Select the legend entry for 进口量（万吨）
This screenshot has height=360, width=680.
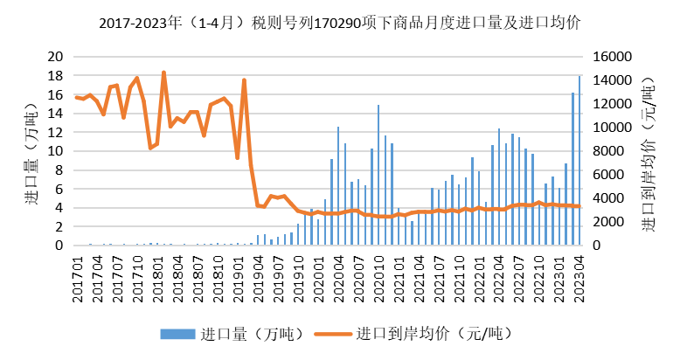tap(215, 334)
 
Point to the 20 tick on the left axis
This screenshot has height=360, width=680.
tap(56, 56)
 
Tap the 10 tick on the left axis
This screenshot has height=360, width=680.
tap(56, 151)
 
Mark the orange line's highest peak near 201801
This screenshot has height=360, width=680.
tap(163, 73)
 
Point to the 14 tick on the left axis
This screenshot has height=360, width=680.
tap(56, 113)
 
